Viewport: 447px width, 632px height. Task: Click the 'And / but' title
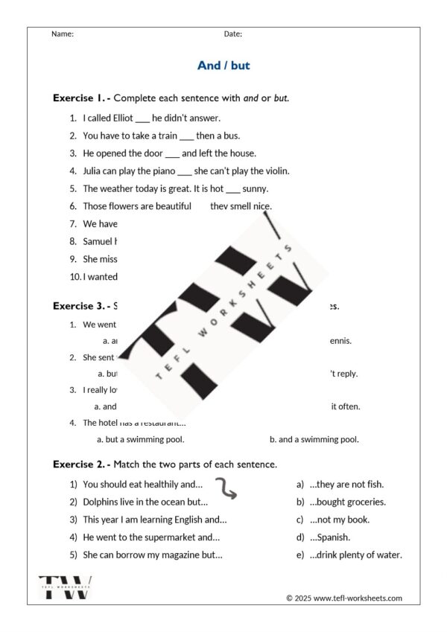pyautogui.click(x=223, y=66)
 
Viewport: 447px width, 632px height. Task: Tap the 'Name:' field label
pyautogui.click(x=63, y=33)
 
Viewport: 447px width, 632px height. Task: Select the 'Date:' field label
pyautogui.click(x=233, y=33)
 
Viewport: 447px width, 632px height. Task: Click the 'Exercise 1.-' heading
pyautogui.click(x=81, y=98)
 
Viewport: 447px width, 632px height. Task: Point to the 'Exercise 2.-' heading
pyautogui.click(x=81, y=464)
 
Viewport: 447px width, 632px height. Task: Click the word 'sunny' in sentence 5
pyautogui.click(x=256, y=188)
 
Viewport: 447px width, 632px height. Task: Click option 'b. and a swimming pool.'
pyautogui.click(x=314, y=439)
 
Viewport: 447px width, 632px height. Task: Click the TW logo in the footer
pyautogui.click(x=65, y=587)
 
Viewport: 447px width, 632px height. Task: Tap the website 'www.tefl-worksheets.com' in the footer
pyautogui.click(x=357, y=598)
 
